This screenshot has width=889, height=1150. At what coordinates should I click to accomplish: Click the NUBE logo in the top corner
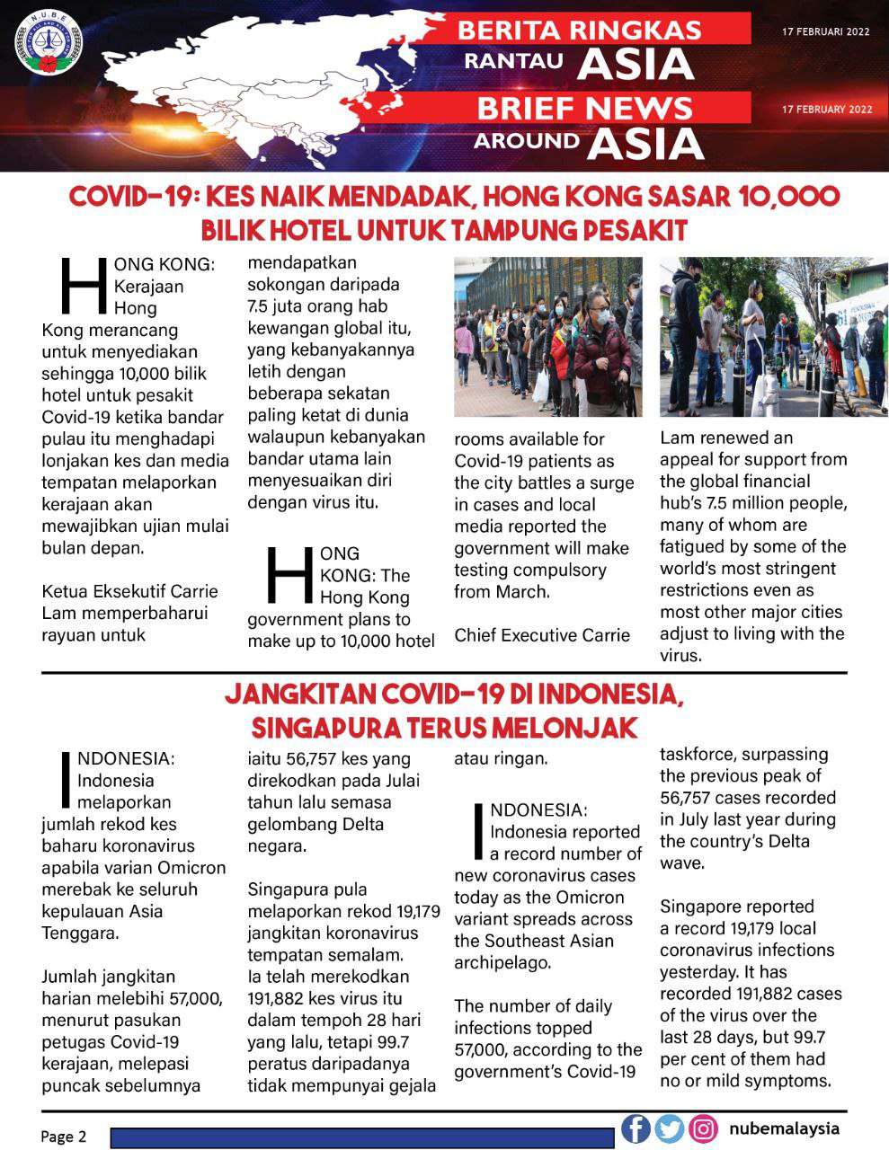(49, 44)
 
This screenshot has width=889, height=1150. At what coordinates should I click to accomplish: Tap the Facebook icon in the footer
(636, 1128)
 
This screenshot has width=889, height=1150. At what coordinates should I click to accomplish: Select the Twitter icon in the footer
(669, 1128)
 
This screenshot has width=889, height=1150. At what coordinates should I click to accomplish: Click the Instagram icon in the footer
(703, 1128)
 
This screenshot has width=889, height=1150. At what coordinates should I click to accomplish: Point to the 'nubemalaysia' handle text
(784, 1128)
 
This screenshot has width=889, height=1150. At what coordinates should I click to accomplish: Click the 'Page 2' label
(64, 1137)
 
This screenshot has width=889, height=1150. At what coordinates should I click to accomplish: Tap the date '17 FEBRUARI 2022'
(826, 31)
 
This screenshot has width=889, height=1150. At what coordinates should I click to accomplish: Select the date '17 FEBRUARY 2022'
(827, 110)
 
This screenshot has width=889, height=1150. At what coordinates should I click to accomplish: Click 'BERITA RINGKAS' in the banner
(579, 30)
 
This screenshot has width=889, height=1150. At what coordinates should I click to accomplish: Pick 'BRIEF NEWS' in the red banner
(584, 109)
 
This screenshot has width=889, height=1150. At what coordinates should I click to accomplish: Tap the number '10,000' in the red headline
(783, 198)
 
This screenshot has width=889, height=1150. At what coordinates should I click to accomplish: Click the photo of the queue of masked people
(547, 337)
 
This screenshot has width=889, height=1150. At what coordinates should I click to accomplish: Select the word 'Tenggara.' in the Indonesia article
(80, 933)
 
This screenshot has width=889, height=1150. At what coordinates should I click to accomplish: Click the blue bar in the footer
(362, 1137)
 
